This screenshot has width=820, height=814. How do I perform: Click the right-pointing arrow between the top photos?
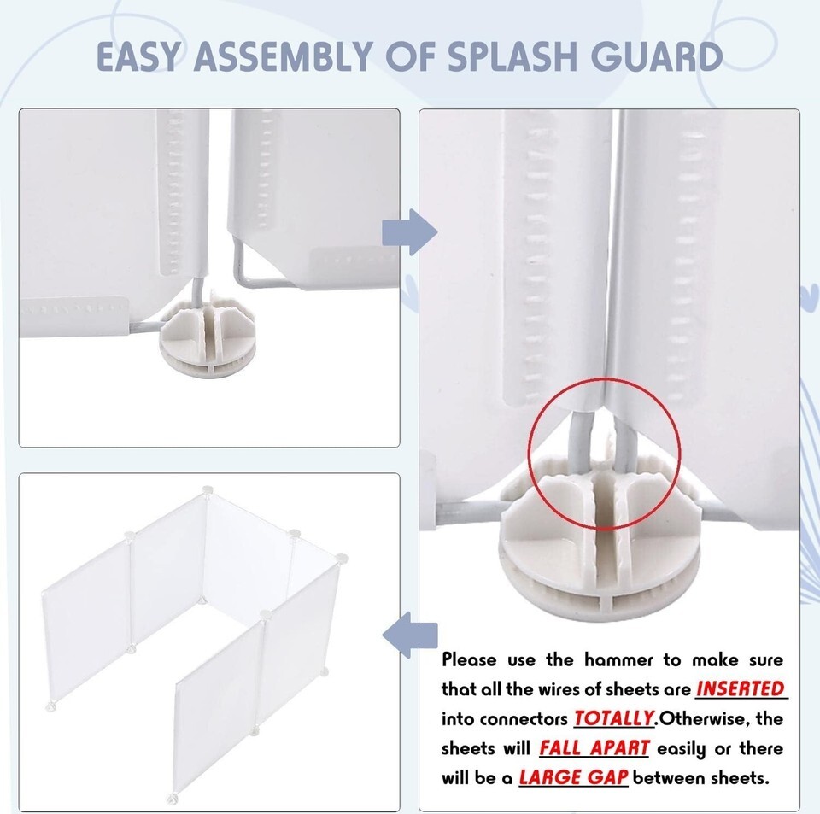[409, 232]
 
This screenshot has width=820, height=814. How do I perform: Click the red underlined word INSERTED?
[741, 689]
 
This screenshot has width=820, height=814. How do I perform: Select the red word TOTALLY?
[614, 718]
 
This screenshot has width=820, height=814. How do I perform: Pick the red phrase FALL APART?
[594, 748]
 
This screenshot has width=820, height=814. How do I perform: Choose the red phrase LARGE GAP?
[573, 777]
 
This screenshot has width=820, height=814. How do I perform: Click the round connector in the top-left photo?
[208, 340]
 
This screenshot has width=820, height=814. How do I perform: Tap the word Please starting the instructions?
[469, 659]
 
